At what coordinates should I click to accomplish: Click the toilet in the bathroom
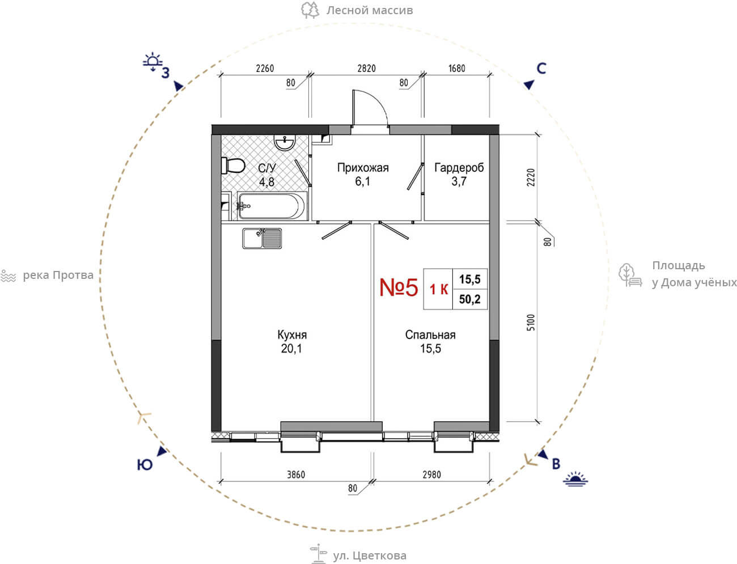[x=232, y=166]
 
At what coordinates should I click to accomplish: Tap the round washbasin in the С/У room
[x=285, y=142]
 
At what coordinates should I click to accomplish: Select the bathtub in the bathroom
[x=272, y=205]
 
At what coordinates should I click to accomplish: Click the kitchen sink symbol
[x=262, y=239]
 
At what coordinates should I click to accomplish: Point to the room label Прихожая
[x=363, y=168]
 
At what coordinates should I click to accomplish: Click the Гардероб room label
[x=459, y=168]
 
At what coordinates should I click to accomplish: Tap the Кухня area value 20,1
[x=291, y=349]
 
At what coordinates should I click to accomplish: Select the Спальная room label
[x=430, y=334]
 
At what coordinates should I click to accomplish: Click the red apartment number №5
[x=399, y=287]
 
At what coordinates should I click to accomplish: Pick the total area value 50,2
[x=470, y=299]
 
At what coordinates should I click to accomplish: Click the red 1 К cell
[x=439, y=289]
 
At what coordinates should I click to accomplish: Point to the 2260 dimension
[x=265, y=69]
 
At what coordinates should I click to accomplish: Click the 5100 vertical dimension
[x=531, y=323]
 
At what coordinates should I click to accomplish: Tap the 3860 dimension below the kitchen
[x=296, y=474]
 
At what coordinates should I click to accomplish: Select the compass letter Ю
[x=145, y=465]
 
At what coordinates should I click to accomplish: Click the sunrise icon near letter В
[x=575, y=479]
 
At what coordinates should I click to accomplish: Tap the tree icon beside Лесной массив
[x=310, y=10]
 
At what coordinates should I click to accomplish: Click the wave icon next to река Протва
[x=9, y=276]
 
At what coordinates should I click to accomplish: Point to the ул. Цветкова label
[x=370, y=555]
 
